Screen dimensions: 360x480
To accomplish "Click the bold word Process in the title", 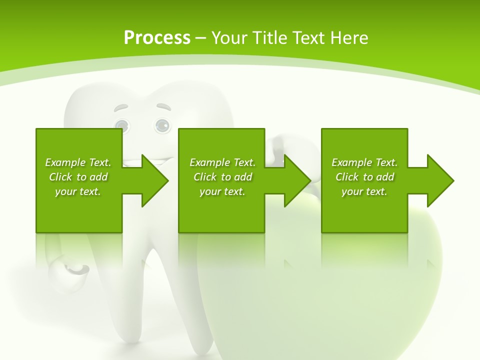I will click(157, 37).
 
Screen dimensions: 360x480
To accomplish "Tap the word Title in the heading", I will click(268, 37).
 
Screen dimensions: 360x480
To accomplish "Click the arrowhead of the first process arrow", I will click(155, 180).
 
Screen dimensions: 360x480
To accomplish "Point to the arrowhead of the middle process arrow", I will click(297, 180).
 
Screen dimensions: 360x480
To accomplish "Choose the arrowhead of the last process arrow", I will click(440, 180).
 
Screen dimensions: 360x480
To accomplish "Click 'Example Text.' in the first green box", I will click(78, 162).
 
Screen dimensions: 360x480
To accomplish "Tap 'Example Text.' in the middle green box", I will click(222, 162).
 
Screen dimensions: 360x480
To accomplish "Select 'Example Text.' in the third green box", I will click(364, 162).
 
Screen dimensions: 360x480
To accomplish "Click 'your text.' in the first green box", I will click(78, 191).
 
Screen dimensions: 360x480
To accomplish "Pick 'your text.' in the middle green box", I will click(222, 191).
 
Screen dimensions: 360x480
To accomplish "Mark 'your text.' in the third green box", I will click(364, 191).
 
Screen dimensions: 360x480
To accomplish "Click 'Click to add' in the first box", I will click(78, 177).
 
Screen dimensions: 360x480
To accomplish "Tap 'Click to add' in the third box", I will click(364, 177).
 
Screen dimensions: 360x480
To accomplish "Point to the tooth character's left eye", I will click(121, 125).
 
